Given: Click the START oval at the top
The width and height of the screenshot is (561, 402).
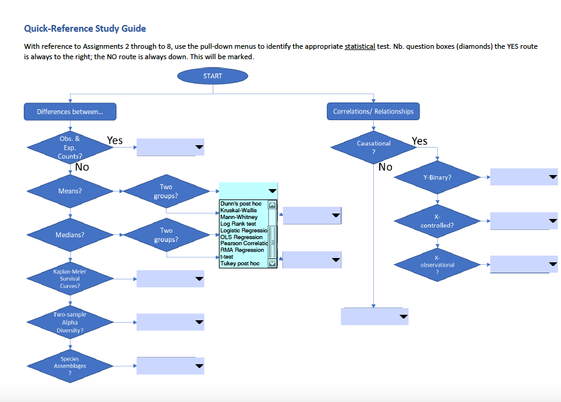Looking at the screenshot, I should (x=212, y=76).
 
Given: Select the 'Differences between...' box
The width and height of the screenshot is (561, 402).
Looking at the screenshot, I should (x=70, y=112).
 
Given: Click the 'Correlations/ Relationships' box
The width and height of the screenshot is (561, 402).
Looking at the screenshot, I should (x=373, y=112).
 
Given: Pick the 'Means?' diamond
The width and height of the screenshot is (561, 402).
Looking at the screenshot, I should (x=70, y=191).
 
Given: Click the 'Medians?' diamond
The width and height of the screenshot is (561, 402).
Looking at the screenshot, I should (x=70, y=235).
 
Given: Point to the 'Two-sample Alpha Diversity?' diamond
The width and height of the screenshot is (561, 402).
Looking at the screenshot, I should (x=70, y=322).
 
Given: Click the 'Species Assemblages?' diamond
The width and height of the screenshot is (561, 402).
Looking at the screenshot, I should (x=70, y=366).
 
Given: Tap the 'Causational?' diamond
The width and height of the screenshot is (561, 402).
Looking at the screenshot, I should (x=373, y=147).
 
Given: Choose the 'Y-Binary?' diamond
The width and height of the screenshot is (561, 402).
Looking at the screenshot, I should (x=437, y=178).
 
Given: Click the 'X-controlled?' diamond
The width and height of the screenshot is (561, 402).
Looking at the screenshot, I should (x=437, y=221).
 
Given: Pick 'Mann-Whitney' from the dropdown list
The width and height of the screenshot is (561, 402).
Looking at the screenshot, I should (x=239, y=217).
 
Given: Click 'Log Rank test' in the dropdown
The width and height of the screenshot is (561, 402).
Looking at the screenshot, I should (x=238, y=224).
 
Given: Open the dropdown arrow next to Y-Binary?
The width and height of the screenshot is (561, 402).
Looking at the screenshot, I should (x=552, y=178).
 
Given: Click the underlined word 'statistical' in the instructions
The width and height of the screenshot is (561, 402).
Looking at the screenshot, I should (x=360, y=46).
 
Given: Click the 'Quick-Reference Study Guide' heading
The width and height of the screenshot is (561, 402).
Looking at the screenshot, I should (x=85, y=28).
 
